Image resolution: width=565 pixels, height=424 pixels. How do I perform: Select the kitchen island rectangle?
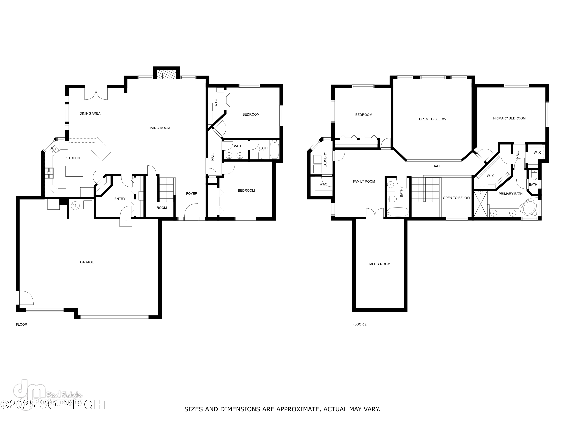[74, 171]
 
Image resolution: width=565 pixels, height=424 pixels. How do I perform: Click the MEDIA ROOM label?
[379, 264]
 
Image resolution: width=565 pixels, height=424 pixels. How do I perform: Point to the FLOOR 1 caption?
[23, 325]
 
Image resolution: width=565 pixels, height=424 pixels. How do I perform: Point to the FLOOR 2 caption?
[359, 324]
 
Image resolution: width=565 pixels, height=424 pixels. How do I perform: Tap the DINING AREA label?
[90, 113]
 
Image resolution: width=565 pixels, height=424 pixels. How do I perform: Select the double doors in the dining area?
[96, 93]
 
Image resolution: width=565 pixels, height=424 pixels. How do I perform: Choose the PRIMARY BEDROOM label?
[509, 118]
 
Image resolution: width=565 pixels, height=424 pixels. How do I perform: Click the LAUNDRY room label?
[325, 160]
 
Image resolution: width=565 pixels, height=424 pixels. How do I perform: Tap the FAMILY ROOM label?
[364, 181]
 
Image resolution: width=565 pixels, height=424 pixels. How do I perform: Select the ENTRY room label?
[120, 199]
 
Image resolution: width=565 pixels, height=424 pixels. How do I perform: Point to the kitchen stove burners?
[49, 173]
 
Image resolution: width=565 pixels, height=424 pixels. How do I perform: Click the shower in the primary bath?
[480, 204]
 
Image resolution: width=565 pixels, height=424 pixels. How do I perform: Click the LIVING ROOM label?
[159, 128]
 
